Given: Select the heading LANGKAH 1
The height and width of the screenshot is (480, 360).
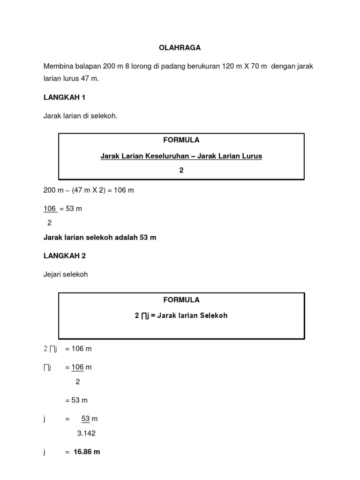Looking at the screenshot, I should pos(65,97).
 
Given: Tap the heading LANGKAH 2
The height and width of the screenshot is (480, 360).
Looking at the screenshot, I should pos(65,256).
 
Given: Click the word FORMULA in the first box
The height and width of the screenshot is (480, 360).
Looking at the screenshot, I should pos(181,140).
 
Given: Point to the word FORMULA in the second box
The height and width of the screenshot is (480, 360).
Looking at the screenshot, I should pos(181,300).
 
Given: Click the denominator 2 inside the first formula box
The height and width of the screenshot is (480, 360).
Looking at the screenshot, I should pos(181,171).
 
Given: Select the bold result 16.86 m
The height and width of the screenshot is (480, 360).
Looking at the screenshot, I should pos(87,452).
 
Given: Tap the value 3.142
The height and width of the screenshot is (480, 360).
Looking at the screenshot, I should pos(86,433).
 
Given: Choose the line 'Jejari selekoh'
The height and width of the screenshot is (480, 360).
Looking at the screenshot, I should pos(66,275).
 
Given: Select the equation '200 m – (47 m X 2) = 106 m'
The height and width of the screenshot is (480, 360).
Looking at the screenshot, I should pos(89,190).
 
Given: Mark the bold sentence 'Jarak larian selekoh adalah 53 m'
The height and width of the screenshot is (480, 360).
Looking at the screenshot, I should pos(100,238).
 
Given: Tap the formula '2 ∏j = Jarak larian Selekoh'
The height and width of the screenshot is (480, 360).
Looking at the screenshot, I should pos(181,316).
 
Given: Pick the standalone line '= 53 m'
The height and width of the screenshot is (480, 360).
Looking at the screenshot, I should pos(76,400).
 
